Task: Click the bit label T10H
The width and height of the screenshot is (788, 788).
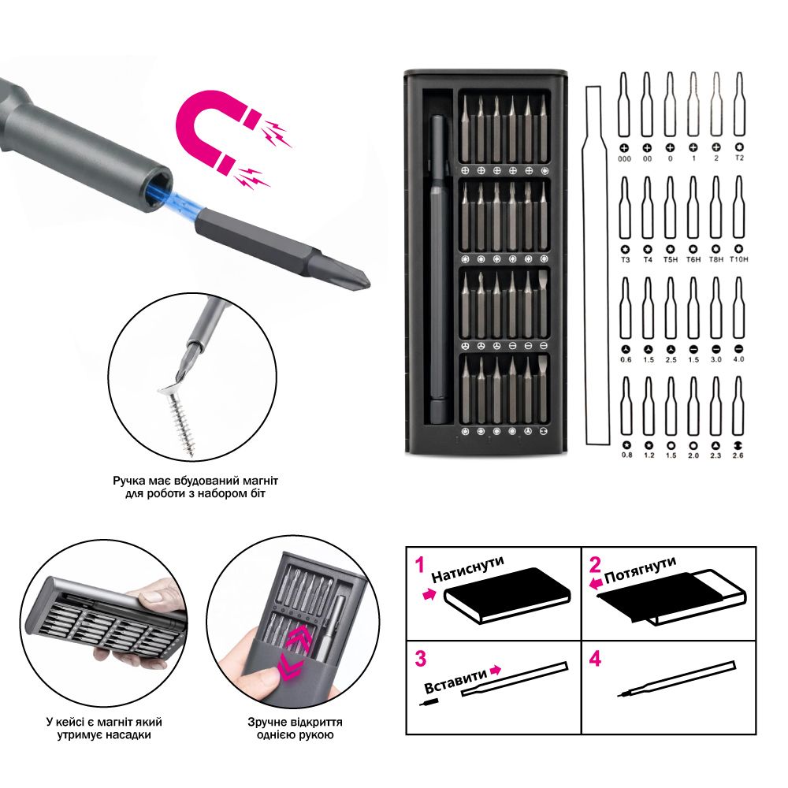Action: pyautogui.click(x=739, y=259)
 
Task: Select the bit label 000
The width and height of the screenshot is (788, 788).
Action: pyautogui.click(x=625, y=159)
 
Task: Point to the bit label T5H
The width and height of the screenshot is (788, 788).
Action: pyautogui.click(x=671, y=259)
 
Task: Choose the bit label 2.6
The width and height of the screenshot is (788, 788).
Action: pyautogui.click(x=738, y=455)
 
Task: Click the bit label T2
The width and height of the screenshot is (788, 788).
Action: pyautogui.click(x=739, y=158)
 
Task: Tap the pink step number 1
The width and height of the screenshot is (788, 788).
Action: pyautogui.click(x=420, y=565)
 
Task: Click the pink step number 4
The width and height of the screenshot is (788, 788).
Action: pyautogui.click(x=595, y=659)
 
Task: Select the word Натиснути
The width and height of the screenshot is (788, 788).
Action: pyautogui.click(x=468, y=569)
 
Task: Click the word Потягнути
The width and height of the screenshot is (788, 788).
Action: pyautogui.click(x=640, y=570)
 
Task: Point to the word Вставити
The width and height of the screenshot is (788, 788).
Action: pyautogui.click(x=455, y=681)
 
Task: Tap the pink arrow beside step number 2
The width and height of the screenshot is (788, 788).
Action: pyautogui.click(x=596, y=583)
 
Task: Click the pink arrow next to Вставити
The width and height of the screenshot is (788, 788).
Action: pyautogui.click(x=496, y=669)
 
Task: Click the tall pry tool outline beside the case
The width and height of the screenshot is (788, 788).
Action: pyautogui.click(x=596, y=266)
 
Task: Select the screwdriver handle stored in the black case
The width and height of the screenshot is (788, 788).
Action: pyautogui.click(x=438, y=269)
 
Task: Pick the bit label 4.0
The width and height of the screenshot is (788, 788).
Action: pyautogui.click(x=739, y=359)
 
